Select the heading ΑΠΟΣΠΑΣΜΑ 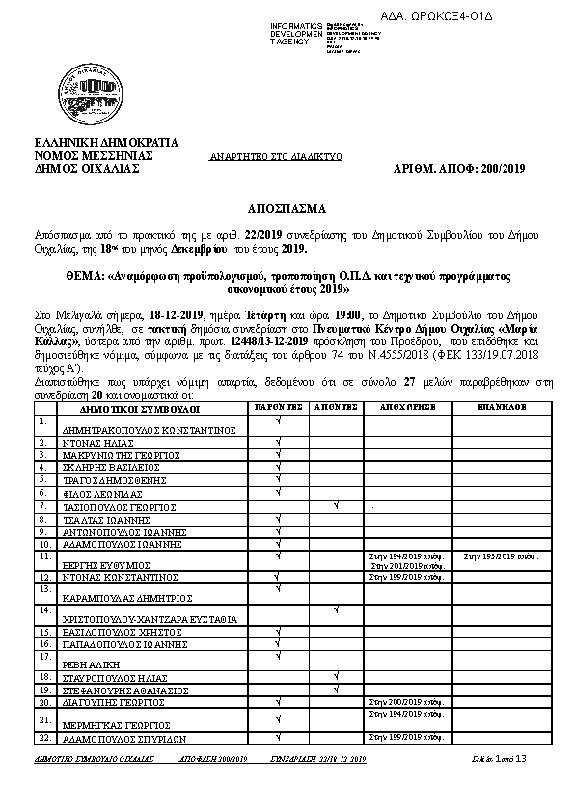tap(286, 208)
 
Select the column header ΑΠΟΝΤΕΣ tap(336, 408)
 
